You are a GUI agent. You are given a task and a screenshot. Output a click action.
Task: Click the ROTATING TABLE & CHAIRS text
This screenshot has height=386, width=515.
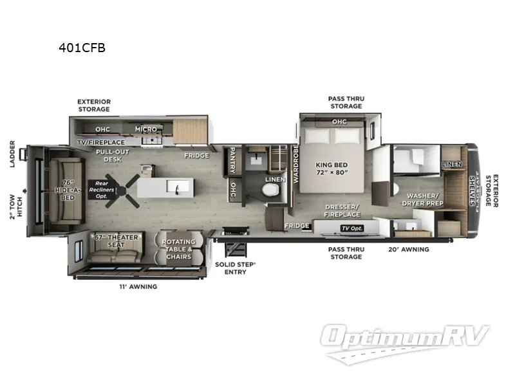coord(177,249)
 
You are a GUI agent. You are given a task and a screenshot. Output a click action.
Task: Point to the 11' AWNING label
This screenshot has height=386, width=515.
coord(139,287)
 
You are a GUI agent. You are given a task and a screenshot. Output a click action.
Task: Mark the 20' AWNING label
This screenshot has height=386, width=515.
coord(409,249)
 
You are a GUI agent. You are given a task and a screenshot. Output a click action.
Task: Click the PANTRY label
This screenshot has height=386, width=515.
coord(230,161)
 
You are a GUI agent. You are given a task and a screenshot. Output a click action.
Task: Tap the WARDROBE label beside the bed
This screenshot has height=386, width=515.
coord(296,163)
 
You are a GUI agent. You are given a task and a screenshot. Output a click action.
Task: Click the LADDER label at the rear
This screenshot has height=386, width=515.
coord(12,153)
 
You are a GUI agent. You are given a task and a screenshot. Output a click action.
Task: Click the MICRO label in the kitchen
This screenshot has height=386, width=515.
coord(146,129)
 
